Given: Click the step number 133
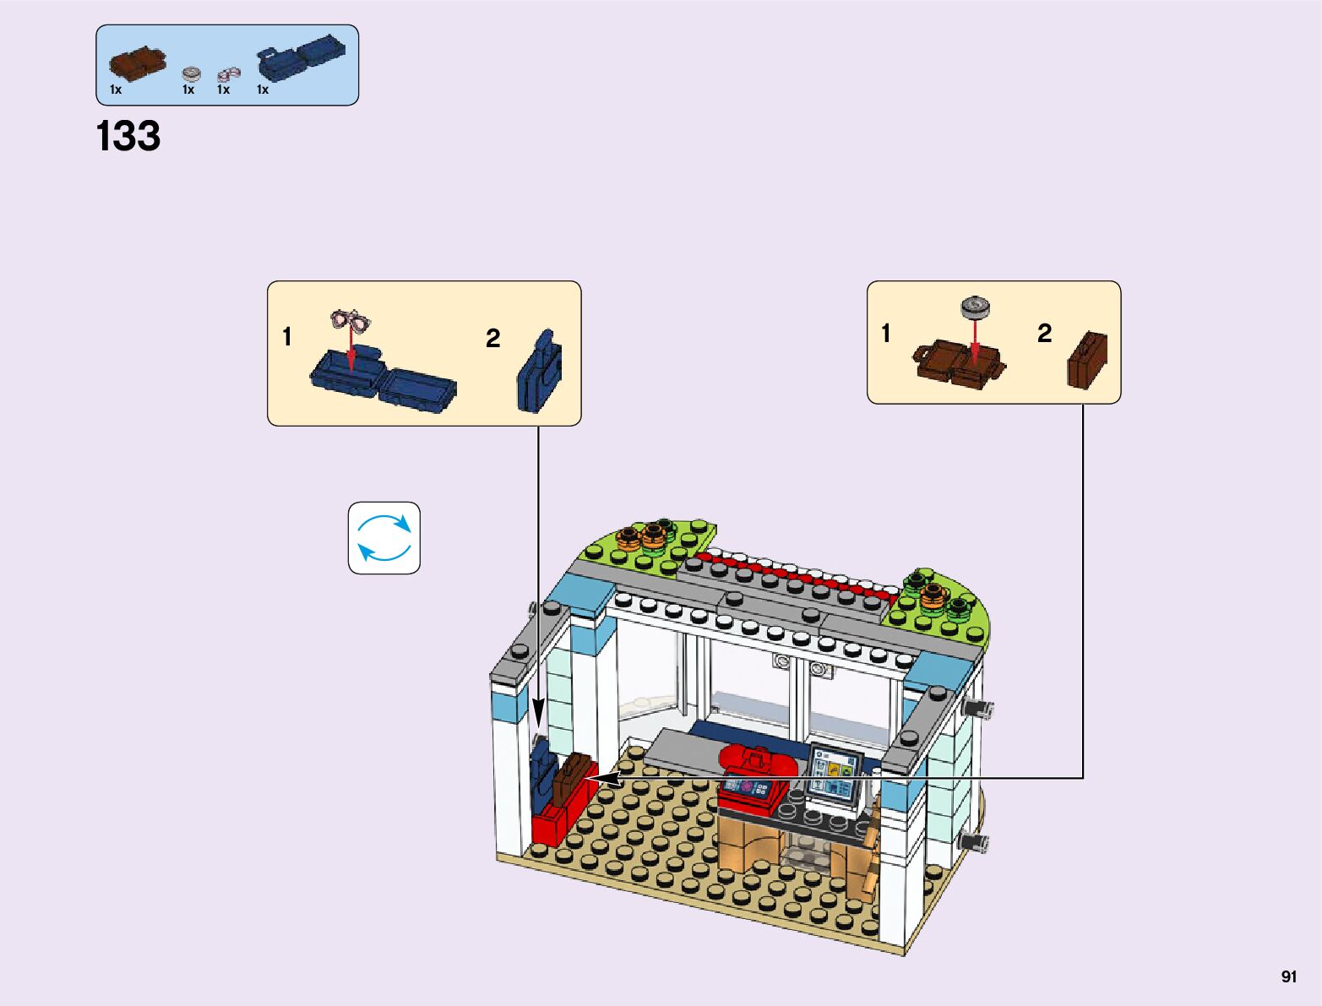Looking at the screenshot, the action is tap(128, 137).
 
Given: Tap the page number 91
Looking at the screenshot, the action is tap(1288, 976).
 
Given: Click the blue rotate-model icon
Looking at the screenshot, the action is tap(384, 538).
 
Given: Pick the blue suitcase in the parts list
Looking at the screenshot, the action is tap(301, 57).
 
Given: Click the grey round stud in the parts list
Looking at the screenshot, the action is tap(192, 73).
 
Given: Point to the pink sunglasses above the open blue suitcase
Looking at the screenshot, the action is tap(351, 320).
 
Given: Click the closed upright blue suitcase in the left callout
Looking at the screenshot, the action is tap(538, 372).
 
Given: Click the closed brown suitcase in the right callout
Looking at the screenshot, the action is tap(1087, 361).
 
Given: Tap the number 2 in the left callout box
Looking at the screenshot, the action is tap(493, 339).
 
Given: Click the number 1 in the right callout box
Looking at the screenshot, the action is tap(885, 334).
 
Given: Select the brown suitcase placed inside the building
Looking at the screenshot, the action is tap(570, 777).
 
